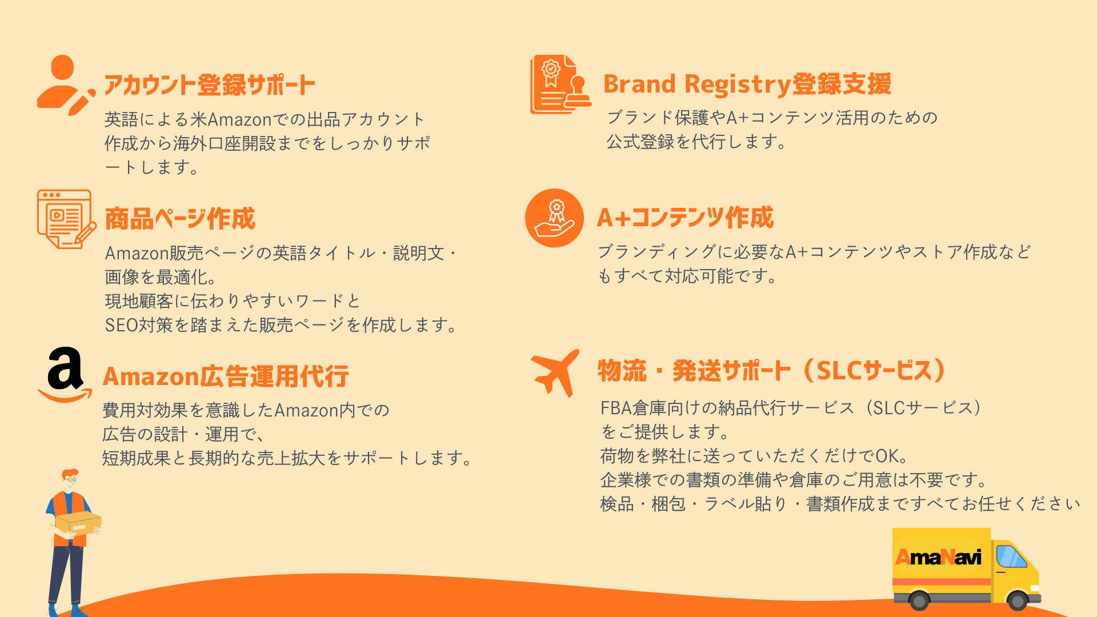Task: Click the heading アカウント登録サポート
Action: pos(210,85)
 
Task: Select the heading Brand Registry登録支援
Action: pos(747,84)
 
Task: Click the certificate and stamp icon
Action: pos(560,85)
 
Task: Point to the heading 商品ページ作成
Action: pos(180,219)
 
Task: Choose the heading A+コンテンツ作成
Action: pos(685,218)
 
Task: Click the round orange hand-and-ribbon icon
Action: pos(554,218)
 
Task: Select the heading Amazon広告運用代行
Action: pos(226,376)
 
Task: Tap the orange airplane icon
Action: pos(555,372)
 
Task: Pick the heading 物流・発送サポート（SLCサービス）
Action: pos(772,370)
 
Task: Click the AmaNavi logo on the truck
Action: pos(938,556)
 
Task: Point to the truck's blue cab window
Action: pos(1011,556)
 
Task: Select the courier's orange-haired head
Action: pos(70,479)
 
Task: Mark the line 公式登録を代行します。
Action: pos(697,142)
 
